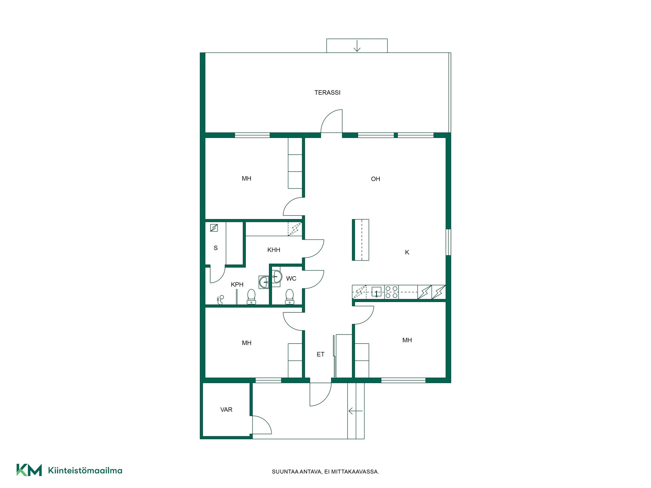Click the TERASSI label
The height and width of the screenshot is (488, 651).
[327, 93]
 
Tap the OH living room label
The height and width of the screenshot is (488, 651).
[375, 179]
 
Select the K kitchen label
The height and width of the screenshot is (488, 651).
[407, 252]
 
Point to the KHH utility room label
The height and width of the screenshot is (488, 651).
[274, 250]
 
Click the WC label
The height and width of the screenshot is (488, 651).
[291, 279]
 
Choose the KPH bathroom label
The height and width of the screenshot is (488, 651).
[237, 284]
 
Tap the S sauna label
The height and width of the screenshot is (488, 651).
[216, 248]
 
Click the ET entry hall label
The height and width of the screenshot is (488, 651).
[320, 354]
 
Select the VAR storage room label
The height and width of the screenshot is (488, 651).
[226, 409]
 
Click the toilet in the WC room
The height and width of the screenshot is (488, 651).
[290, 297]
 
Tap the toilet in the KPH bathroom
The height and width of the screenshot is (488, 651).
[251, 297]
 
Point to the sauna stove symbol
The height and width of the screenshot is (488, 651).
[214, 228]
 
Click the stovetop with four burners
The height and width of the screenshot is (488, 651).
[391, 292]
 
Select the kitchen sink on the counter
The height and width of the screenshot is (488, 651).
[376, 292]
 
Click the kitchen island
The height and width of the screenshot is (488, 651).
[360, 240]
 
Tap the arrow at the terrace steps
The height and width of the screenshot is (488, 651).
[357, 46]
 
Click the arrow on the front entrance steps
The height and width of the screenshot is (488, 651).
[355, 411]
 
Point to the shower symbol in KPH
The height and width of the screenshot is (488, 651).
[220, 300]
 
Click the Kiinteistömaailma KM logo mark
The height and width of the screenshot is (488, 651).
[29, 470]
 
